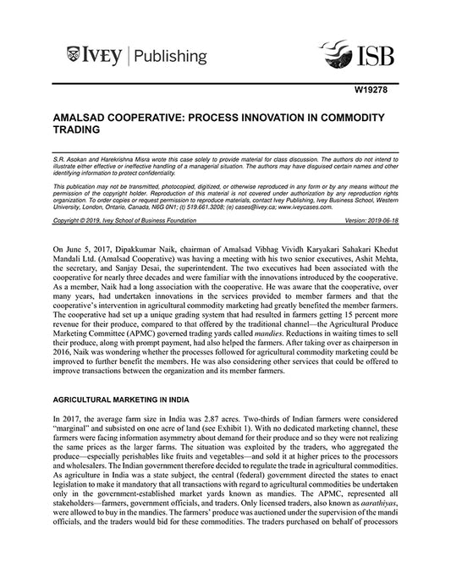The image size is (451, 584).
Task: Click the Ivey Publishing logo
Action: click(x=135, y=58)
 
